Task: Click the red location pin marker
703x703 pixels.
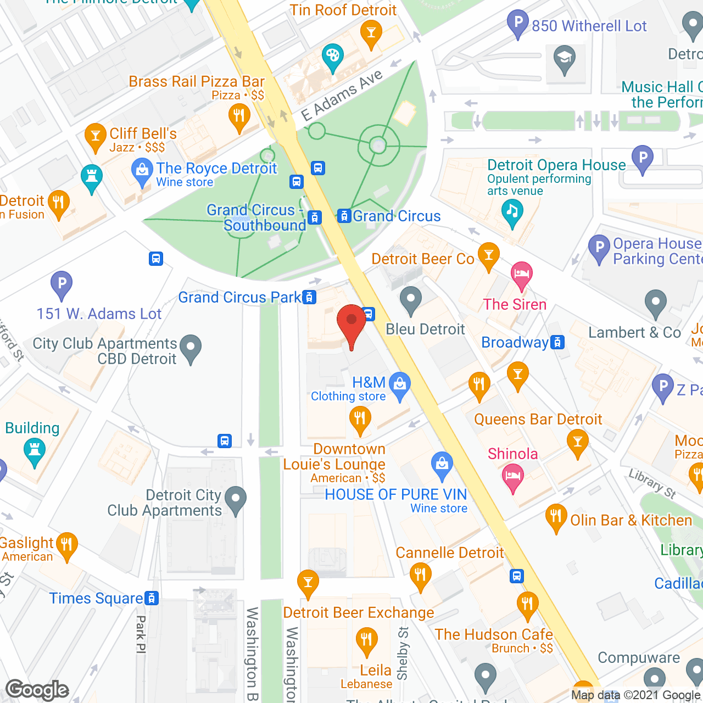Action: [x=351, y=321]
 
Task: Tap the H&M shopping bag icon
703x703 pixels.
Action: [x=400, y=385]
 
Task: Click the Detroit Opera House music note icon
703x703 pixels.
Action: [x=512, y=212]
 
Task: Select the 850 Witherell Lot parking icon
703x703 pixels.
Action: [x=518, y=24]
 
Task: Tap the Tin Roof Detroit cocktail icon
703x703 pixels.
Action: [x=371, y=32]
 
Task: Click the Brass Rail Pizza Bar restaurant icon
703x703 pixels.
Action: [x=239, y=116]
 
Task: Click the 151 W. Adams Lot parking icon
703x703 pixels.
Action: [x=62, y=285]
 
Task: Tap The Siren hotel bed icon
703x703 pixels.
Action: [x=521, y=274]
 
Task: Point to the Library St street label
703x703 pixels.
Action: [x=652, y=483]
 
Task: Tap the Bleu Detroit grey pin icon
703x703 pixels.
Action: [x=410, y=300]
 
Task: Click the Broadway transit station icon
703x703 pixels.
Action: [x=557, y=343]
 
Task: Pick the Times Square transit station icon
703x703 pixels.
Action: [x=152, y=598]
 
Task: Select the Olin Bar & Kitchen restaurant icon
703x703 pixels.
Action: [x=556, y=517]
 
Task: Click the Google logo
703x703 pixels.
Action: [x=37, y=690]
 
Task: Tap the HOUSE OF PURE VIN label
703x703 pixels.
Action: [x=395, y=495]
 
